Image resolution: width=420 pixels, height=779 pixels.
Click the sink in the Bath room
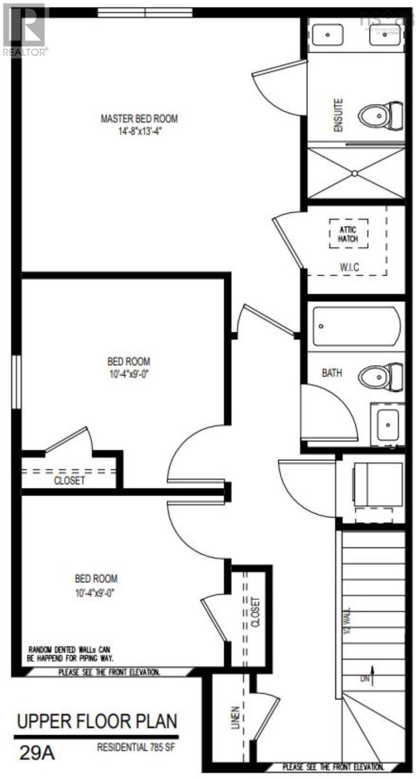coord(387,425)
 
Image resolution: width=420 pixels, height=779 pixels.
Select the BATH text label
coord(332,374)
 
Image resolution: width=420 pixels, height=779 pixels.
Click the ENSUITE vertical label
coord(338,115)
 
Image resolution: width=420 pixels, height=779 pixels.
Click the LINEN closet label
coord(235,717)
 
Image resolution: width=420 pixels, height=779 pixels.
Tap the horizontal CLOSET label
coord(69,482)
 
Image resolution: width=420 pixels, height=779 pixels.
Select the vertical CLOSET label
coord(255,612)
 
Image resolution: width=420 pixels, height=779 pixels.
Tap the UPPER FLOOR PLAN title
coord(97,721)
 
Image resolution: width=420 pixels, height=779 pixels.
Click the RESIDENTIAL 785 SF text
coord(136,747)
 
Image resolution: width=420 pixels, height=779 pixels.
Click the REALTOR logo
coord(25,29)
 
